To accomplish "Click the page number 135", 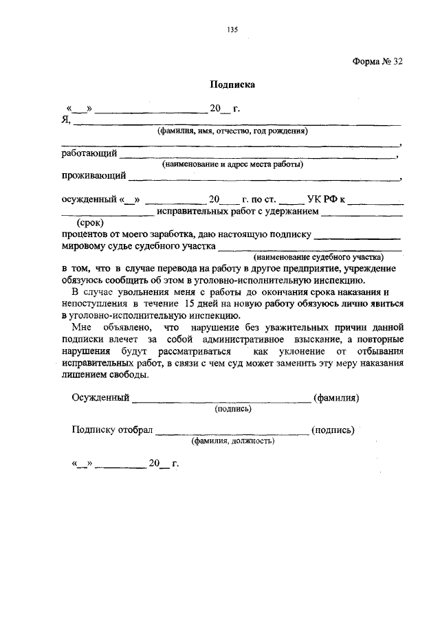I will click(x=232, y=29).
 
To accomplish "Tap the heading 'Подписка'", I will click(x=232, y=86).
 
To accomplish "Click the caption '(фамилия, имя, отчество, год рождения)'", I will click(x=232, y=131).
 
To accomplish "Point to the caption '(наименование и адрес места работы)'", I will click(x=232, y=165).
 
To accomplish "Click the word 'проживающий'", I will click(x=93, y=176).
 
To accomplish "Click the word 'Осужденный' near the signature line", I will click(x=100, y=397).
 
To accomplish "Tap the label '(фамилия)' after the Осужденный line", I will click(x=337, y=397).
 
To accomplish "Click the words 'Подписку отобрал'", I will click(x=112, y=430).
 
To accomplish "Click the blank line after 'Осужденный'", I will click(x=221, y=400).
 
